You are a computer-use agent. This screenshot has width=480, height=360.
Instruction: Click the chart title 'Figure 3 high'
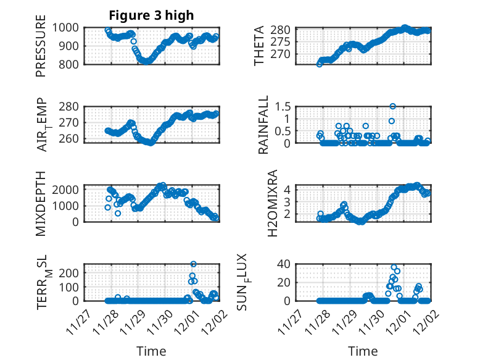(151, 15)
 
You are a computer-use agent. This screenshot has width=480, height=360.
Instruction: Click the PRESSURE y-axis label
(41, 49)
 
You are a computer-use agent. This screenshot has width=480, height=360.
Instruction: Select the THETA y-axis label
(259, 46)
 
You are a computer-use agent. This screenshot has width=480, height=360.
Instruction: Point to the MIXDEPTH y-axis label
(41, 203)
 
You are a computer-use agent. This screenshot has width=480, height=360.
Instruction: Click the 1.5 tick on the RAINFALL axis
(282, 106)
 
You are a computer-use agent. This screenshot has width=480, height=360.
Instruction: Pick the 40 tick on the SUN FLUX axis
(283, 264)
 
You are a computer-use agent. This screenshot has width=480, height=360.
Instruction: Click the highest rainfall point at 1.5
(392, 106)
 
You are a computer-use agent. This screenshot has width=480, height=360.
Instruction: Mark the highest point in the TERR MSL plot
(193, 264)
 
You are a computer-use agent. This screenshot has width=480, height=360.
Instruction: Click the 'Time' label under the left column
(151, 351)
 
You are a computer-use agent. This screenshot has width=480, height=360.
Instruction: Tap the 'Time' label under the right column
(363, 351)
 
